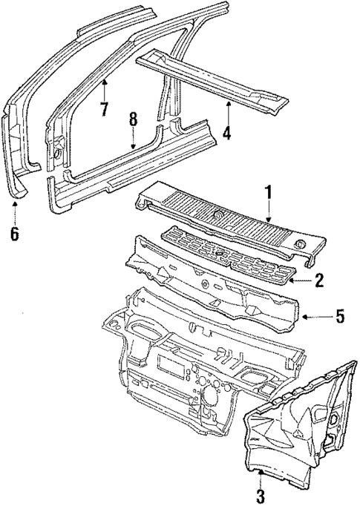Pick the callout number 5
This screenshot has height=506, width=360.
point(340,318)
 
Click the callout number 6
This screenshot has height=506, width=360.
point(14,235)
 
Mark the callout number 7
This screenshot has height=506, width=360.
point(105,108)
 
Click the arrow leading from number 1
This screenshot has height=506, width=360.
point(269,211)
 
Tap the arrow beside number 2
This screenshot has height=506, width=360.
point(301,280)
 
